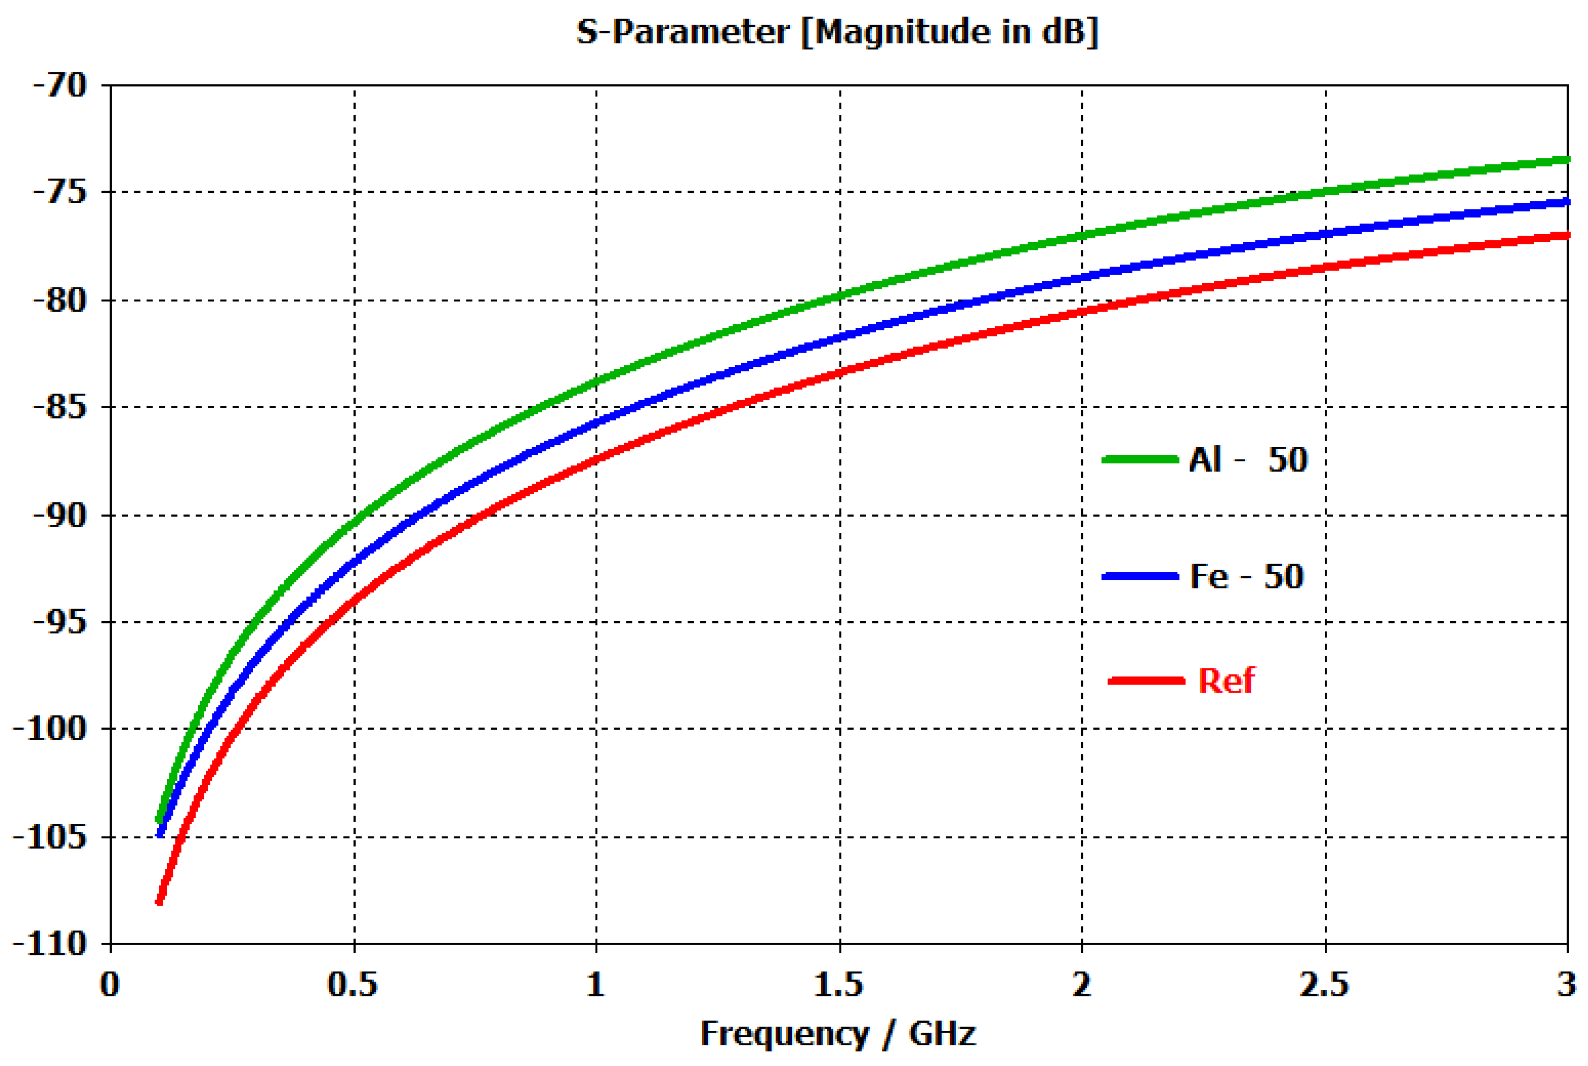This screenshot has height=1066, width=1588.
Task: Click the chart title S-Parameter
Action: (837, 32)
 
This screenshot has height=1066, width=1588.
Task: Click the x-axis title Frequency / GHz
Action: (838, 1034)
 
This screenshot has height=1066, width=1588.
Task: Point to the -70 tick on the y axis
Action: (60, 85)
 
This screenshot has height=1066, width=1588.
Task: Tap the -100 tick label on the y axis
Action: (51, 729)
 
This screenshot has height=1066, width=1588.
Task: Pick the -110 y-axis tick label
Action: (51, 944)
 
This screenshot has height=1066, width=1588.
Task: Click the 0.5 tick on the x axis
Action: (352, 984)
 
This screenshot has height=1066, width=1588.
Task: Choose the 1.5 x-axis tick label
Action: (838, 984)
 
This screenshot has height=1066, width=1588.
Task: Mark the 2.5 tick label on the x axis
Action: (1324, 984)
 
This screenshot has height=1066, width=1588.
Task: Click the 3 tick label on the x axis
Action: (1566, 984)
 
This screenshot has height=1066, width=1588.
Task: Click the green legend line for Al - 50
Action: (1140, 460)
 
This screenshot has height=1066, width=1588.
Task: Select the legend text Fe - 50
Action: (1246, 576)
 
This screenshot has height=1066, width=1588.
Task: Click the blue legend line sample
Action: (1140, 576)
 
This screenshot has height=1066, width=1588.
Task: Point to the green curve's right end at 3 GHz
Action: (1566, 160)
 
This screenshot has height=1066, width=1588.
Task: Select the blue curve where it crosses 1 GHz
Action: (596, 423)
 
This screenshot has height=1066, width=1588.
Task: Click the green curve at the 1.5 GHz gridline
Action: (840, 296)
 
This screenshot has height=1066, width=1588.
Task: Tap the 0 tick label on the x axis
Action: (110, 984)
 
